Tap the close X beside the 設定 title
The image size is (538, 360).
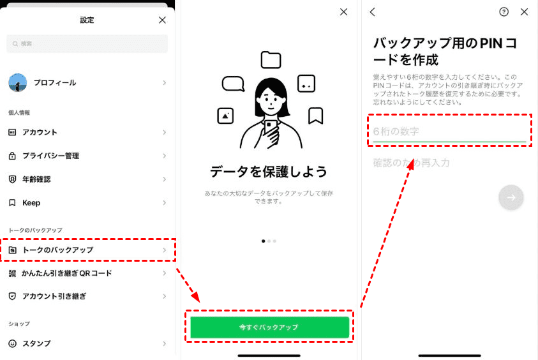point(162,20)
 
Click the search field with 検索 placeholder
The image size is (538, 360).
point(87,43)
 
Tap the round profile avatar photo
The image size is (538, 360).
point(17,83)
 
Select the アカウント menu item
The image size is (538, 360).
point(87,132)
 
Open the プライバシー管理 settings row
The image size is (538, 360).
point(87,156)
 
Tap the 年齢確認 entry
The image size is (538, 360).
point(87,179)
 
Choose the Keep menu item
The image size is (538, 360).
point(87,203)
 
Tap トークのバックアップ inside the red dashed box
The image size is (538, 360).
point(87,250)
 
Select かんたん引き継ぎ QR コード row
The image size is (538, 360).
point(87,273)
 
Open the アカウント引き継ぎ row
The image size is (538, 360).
point(87,296)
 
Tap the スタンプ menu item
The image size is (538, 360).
point(87,343)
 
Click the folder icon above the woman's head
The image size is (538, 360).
point(271,60)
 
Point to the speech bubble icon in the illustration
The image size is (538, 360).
point(234,84)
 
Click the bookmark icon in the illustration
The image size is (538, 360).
point(315,116)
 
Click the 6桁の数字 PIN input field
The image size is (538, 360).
point(449,131)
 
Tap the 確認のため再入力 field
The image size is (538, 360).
point(449,163)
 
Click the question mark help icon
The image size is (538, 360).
point(504,12)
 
